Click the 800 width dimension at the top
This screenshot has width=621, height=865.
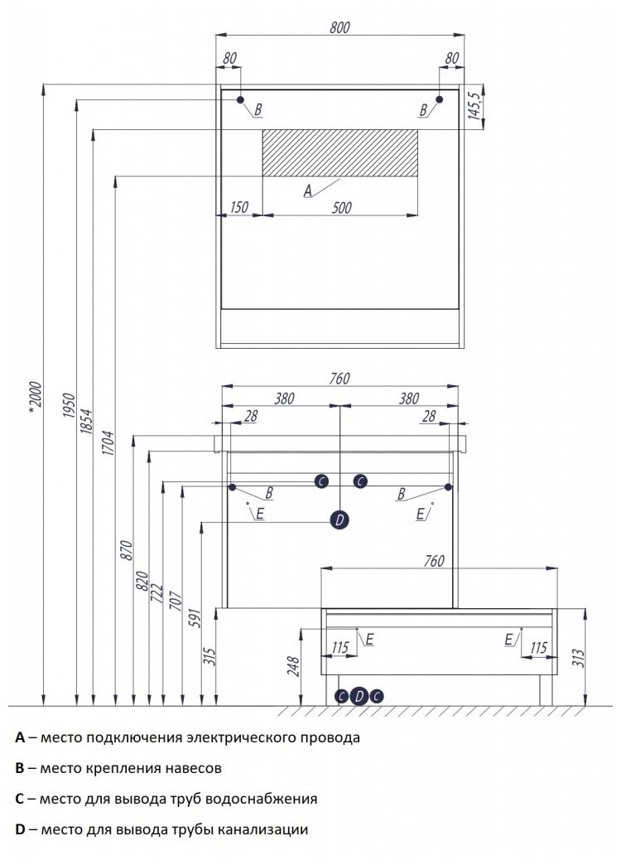pos(339,27)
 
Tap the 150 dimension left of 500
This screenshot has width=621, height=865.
pos(239,207)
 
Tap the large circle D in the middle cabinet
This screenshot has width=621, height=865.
pos(339,520)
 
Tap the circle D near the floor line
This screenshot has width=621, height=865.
pos(359,696)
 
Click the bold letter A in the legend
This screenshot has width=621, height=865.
pos(19,737)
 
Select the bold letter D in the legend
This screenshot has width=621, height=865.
pos(20,829)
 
